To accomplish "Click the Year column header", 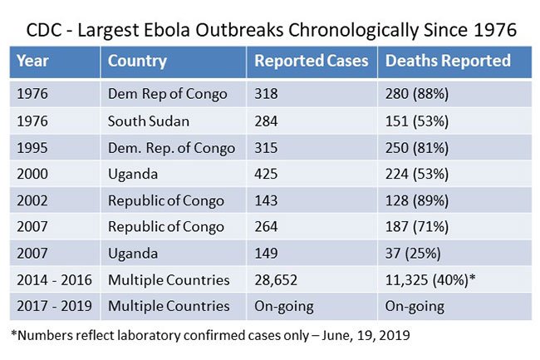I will [32, 61].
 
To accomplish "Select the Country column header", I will [137, 61].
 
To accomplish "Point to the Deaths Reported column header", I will [448, 61].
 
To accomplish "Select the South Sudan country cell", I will [149, 121].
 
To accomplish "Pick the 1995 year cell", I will [32, 148].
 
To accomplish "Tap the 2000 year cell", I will [32, 175].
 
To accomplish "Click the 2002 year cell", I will [32, 200].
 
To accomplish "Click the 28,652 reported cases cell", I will [276, 280].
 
